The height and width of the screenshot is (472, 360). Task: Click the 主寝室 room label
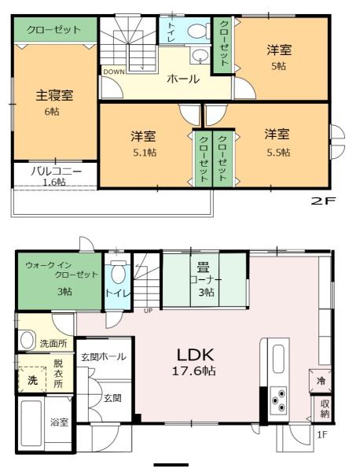[54, 97]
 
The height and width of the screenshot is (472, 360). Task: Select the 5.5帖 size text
[277, 152]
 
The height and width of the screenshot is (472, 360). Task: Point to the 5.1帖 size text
[144, 152]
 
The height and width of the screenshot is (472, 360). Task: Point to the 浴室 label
[60, 422]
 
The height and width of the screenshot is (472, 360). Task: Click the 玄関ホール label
[104, 357]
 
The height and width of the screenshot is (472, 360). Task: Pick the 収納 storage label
[325, 408]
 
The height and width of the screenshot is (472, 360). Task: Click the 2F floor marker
[324, 201]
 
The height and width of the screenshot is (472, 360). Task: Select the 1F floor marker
[321, 433]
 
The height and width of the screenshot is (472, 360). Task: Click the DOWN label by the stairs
[113, 71]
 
